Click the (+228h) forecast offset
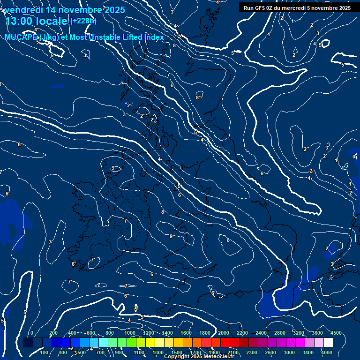[83, 21]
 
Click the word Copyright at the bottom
[176, 357]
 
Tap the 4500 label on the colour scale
[336, 333]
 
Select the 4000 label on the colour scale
[327, 352]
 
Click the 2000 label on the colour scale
[224, 333]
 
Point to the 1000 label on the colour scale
[130, 333]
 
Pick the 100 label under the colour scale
[45, 352]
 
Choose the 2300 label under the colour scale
[252, 352]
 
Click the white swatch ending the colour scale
[328, 343]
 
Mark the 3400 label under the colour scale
[308, 352]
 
